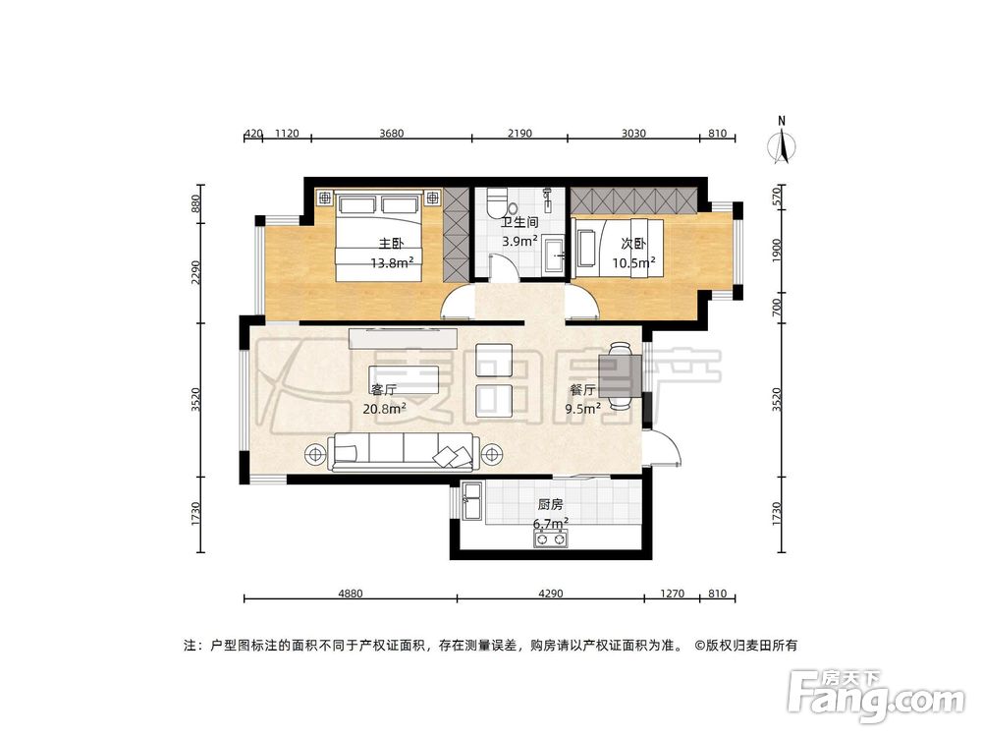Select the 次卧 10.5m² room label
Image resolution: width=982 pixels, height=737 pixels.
[x=633, y=253]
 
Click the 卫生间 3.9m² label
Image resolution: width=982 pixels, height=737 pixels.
[x=519, y=231]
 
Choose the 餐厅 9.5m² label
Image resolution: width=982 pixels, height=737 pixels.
[x=582, y=399]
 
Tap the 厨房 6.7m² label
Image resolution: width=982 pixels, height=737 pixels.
[x=549, y=514]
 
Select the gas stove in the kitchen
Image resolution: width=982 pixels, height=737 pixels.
[x=550, y=538]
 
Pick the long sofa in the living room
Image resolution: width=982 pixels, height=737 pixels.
[x=404, y=451]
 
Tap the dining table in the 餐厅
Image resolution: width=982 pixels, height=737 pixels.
[x=621, y=375]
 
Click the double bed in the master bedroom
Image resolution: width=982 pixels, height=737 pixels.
[x=380, y=236]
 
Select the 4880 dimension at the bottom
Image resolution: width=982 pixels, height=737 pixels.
[x=351, y=593]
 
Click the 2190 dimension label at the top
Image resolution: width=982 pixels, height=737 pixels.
[x=519, y=134]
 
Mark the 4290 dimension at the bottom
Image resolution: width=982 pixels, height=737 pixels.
[x=550, y=593]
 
